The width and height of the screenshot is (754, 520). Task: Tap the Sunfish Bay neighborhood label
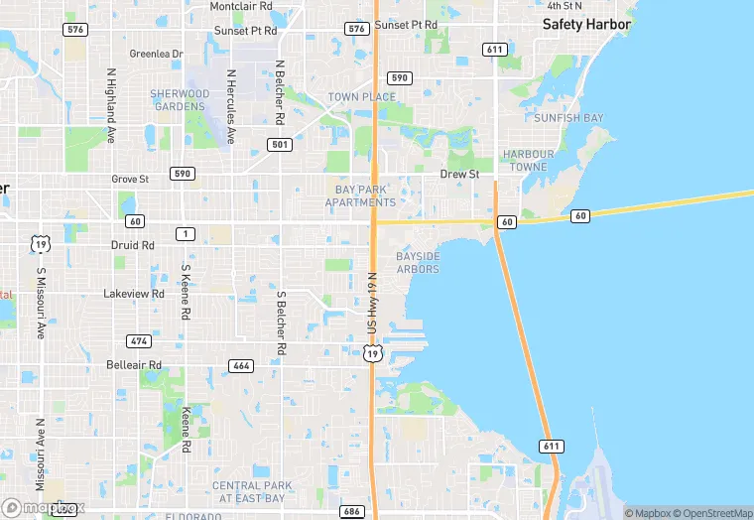point(567,118)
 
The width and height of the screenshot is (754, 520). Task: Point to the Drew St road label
point(459,175)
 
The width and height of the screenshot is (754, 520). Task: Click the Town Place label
point(362,97)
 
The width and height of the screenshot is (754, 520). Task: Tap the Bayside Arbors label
point(418,262)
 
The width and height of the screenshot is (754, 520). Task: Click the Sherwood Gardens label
point(180,99)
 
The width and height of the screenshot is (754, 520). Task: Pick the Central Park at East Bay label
point(252,491)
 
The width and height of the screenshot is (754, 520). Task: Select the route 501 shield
point(280,145)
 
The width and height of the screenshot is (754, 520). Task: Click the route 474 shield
point(139,341)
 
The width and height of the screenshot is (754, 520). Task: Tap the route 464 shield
point(240,365)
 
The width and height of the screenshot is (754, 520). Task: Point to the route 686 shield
point(350,511)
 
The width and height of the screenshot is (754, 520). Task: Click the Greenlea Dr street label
point(157,54)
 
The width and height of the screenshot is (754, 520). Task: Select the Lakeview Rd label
point(134,295)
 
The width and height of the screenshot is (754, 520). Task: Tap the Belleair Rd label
point(134,365)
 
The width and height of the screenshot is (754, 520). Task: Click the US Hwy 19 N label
point(374,304)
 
